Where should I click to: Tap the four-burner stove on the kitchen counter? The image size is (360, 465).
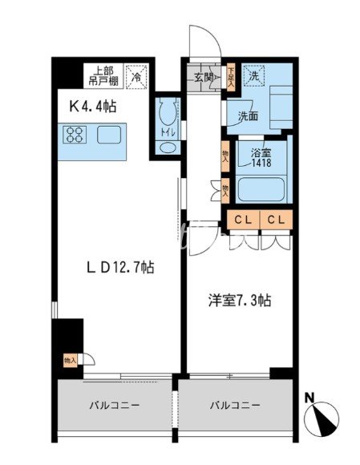(x=75, y=135)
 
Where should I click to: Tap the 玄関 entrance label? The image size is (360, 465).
(x=204, y=78)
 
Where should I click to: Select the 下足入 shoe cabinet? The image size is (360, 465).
(x=229, y=76)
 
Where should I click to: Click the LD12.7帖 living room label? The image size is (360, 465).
(x=121, y=269)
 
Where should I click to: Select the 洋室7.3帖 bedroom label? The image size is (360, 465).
(x=241, y=301)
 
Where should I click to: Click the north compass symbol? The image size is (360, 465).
(x=325, y=415)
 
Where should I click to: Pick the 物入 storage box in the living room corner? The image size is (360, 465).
(x=70, y=361)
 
